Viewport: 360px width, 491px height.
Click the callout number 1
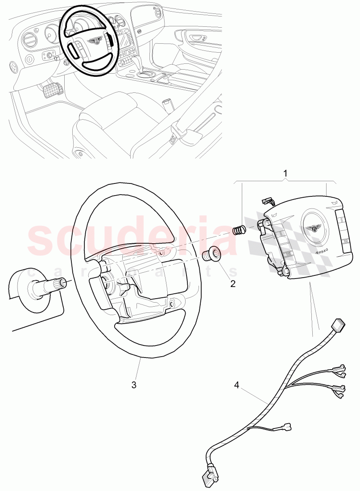pos(286,172)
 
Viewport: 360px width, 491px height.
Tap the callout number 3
pos(134,384)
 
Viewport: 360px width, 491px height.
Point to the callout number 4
pos(237,384)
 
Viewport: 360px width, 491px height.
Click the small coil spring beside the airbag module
pos(241,230)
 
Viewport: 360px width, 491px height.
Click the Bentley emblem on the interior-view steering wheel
pos(94,41)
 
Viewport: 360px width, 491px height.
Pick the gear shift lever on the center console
pos(144,62)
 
